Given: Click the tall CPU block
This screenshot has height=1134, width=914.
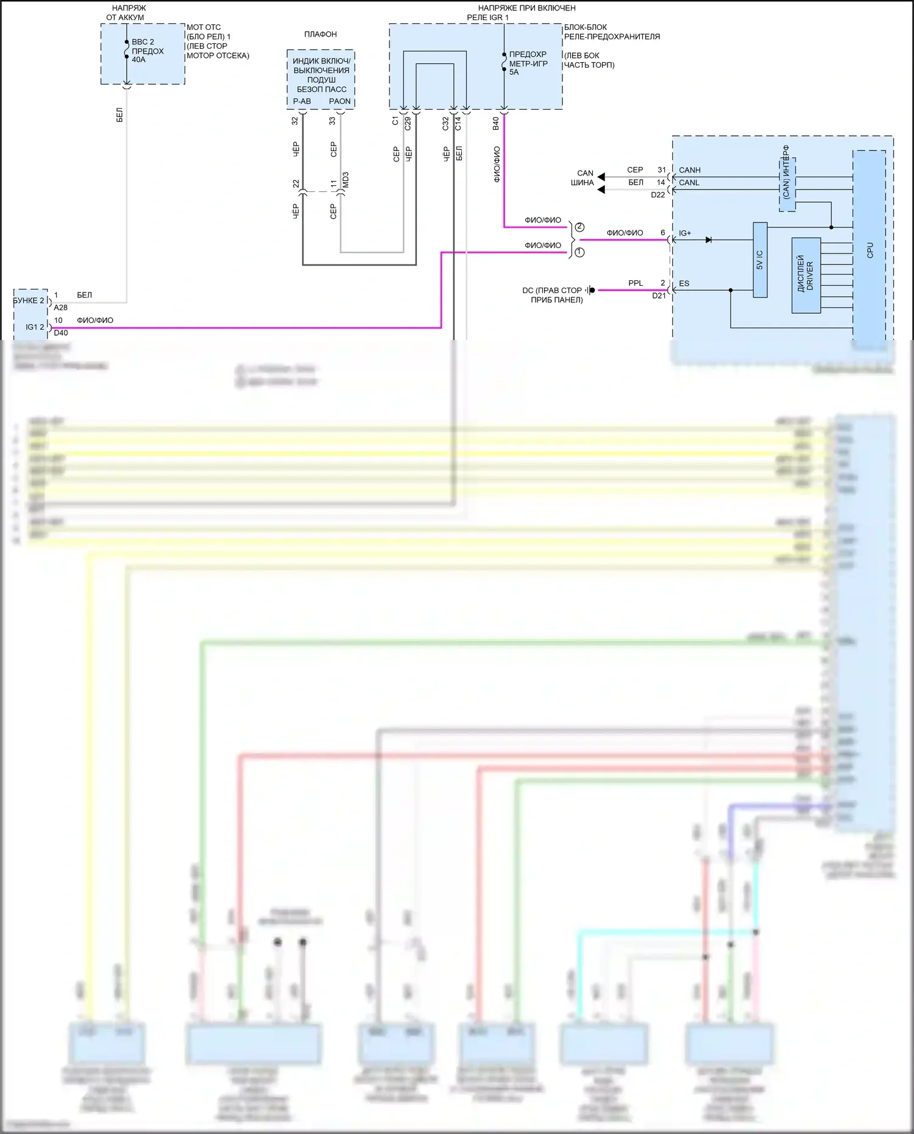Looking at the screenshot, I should pos(869,250).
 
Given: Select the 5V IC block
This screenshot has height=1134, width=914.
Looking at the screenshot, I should pos(760,260).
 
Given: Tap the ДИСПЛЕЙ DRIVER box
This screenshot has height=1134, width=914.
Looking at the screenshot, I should pos(806,275).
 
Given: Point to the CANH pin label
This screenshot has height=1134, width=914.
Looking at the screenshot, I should pos(690,170).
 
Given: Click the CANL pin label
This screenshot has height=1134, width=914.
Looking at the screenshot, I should pos(689,183).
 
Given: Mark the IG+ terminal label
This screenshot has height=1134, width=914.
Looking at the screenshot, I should pos(685,233).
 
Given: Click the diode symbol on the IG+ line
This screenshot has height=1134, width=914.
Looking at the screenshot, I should pos(708,240).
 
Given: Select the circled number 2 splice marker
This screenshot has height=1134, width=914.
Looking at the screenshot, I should pos(579,227).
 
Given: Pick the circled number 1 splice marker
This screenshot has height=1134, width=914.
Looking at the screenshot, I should pos(579,252).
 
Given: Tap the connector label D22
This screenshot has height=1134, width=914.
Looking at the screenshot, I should pos(657,195).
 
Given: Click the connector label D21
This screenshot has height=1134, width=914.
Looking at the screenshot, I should pos(659,296).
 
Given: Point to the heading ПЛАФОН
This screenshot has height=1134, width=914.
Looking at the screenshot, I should pos(321,34).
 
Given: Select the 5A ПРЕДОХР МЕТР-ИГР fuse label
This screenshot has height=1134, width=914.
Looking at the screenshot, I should pos(528,63).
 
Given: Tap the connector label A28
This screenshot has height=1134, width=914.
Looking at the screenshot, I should pos(60,308).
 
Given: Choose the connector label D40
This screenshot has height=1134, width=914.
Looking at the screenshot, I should pos(60,333).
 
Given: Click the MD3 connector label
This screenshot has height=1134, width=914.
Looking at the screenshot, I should pos(345,180).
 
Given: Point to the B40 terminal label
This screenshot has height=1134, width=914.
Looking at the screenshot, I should pos(496,124).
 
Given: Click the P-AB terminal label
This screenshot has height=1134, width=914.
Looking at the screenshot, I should pos(302,102).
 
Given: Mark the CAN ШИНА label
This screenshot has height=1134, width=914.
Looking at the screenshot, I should pos(583,178).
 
